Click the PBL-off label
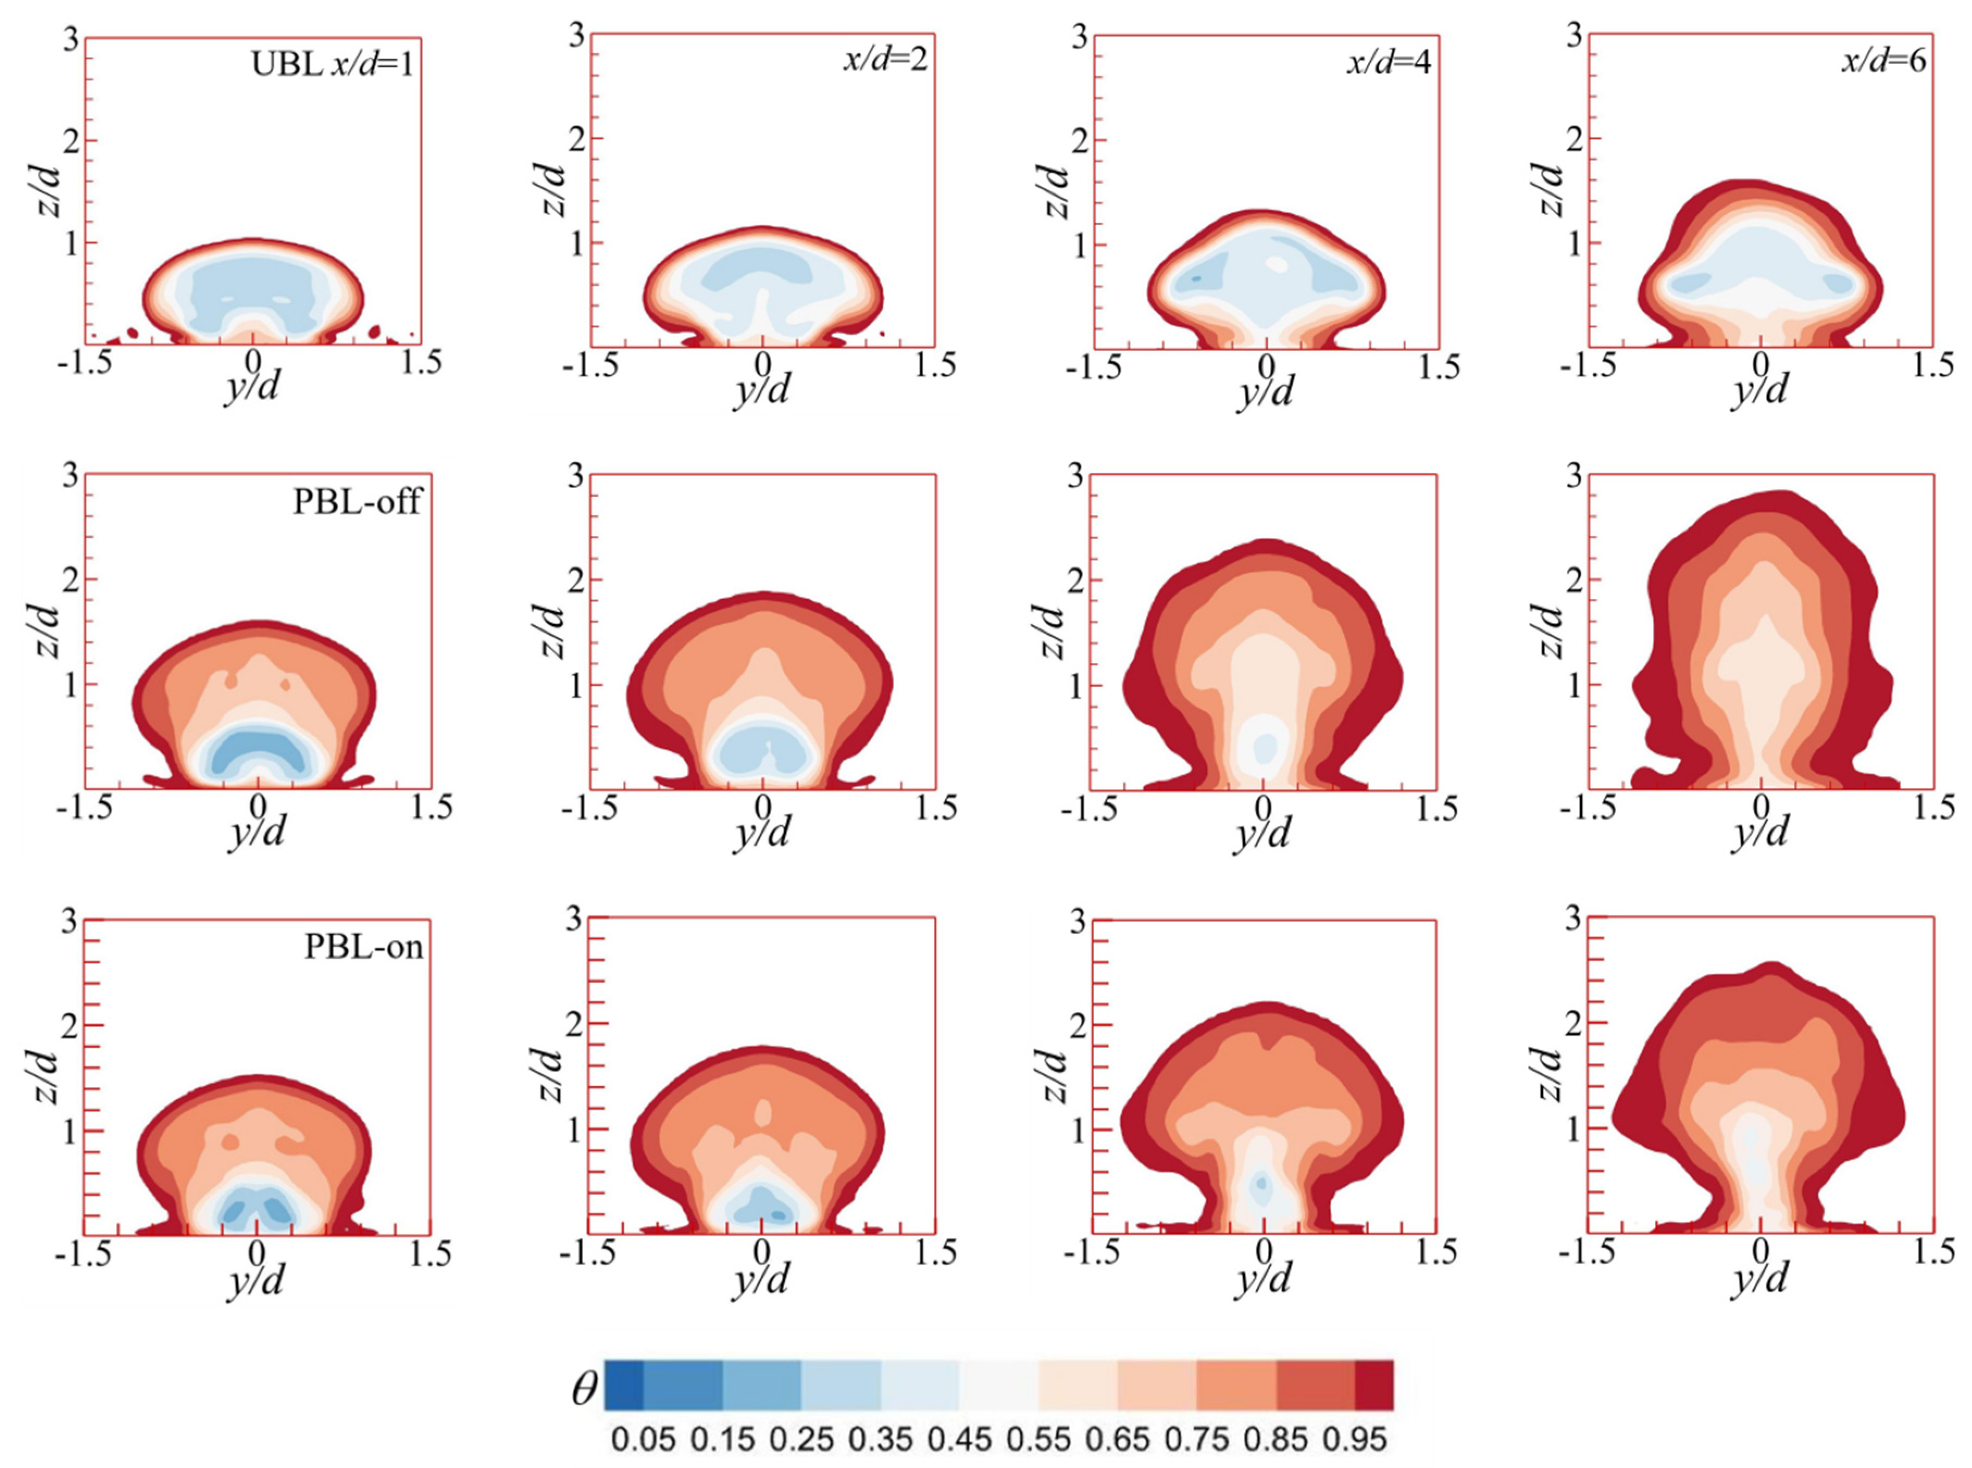[356, 502]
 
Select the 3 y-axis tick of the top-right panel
[1574, 38]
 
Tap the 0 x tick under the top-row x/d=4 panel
[1266, 365]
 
